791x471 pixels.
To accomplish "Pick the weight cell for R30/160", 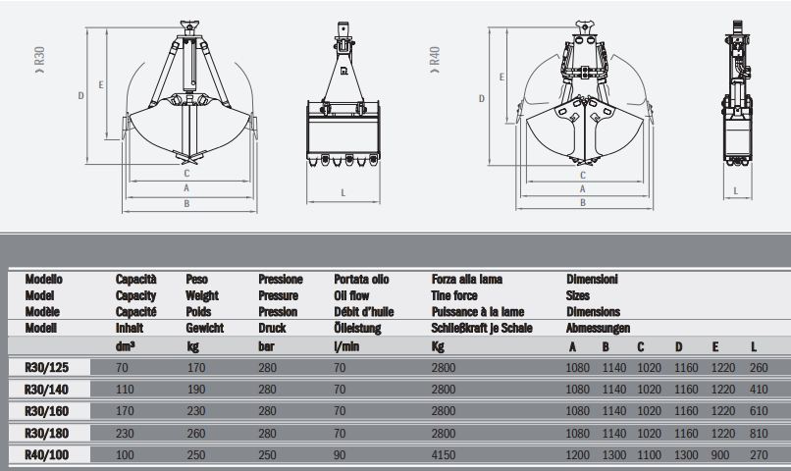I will pyautogui.click(x=194, y=411).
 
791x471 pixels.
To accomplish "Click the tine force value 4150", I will pyautogui.click(x=444, y=455).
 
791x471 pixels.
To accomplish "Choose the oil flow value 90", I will pyautogui.click(x=341, y=455).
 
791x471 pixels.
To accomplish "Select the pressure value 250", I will pyautogui.click(x=268, y=455).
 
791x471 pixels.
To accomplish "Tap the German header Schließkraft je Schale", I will pyautogui.click(x=482, y=328).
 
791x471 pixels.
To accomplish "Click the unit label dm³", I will pyautogui.click(x=126, y=345).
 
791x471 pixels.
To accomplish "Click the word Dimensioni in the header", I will pyautogui.click(x=592, y=280).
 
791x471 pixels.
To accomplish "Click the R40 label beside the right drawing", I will pyautogui.click(x=434, y=56).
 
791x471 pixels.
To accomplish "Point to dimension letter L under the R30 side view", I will pyautogui.click(x=343, y=192).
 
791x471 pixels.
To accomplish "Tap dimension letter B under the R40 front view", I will pyautogui.click(x=582, y=202).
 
